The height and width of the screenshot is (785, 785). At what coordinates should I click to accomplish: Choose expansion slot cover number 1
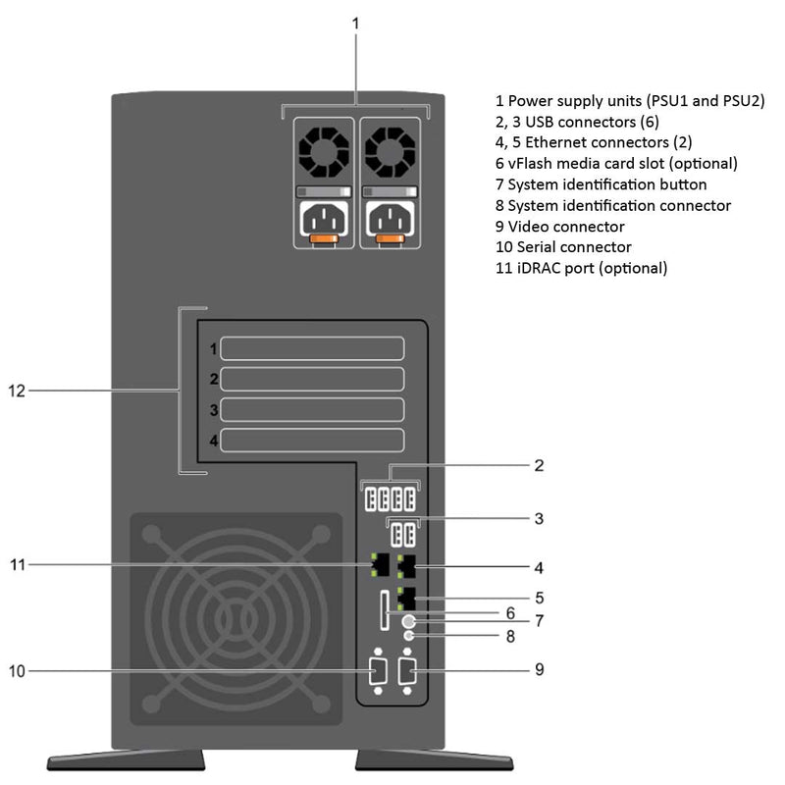(x=312, y=348)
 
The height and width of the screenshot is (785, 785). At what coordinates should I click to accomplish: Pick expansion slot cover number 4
(x=312, y=440)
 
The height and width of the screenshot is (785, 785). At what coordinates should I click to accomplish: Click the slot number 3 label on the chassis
(x=213, y=409)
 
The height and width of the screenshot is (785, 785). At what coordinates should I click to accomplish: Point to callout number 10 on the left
(x=17, y=671)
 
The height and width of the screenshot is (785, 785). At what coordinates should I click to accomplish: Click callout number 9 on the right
(x=539, y=670)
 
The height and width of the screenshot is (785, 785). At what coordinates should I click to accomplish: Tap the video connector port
(x=408, y=672)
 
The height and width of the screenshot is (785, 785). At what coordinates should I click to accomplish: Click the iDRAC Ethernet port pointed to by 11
(x=379, y=564)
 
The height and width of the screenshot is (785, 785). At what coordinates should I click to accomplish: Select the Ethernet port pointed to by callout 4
(x=408, y=564)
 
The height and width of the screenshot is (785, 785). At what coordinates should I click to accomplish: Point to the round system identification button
(x=409, y=621)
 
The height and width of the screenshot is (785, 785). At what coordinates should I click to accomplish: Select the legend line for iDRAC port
(x=581, y=268)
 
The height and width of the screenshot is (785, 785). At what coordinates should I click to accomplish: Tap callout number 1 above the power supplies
(x=355, y=22)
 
